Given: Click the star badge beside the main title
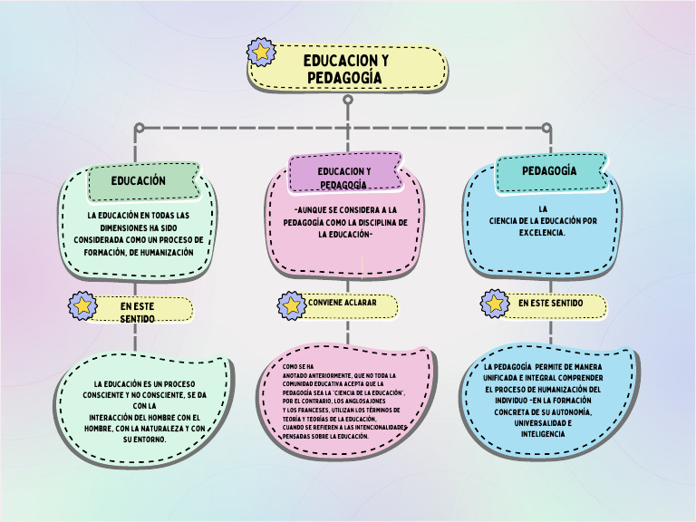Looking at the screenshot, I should (x=262, y=53).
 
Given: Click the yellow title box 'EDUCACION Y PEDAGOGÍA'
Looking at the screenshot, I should (x=347, y=69).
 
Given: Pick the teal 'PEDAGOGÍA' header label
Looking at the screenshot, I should (x=549, y=171).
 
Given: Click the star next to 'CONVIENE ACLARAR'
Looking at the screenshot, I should (x=292, y=304).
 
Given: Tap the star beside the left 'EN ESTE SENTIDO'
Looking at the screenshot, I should (x=83, y=306).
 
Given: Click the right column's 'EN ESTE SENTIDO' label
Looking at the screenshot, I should (x=554, y=304).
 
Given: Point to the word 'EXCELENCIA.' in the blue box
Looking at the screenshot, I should (x=543, y=232).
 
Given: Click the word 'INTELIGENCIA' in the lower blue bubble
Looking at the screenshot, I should (x=543, y=434).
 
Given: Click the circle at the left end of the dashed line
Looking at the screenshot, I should (x=139, y=127).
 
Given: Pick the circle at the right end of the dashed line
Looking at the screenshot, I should (x=546, y=127).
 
